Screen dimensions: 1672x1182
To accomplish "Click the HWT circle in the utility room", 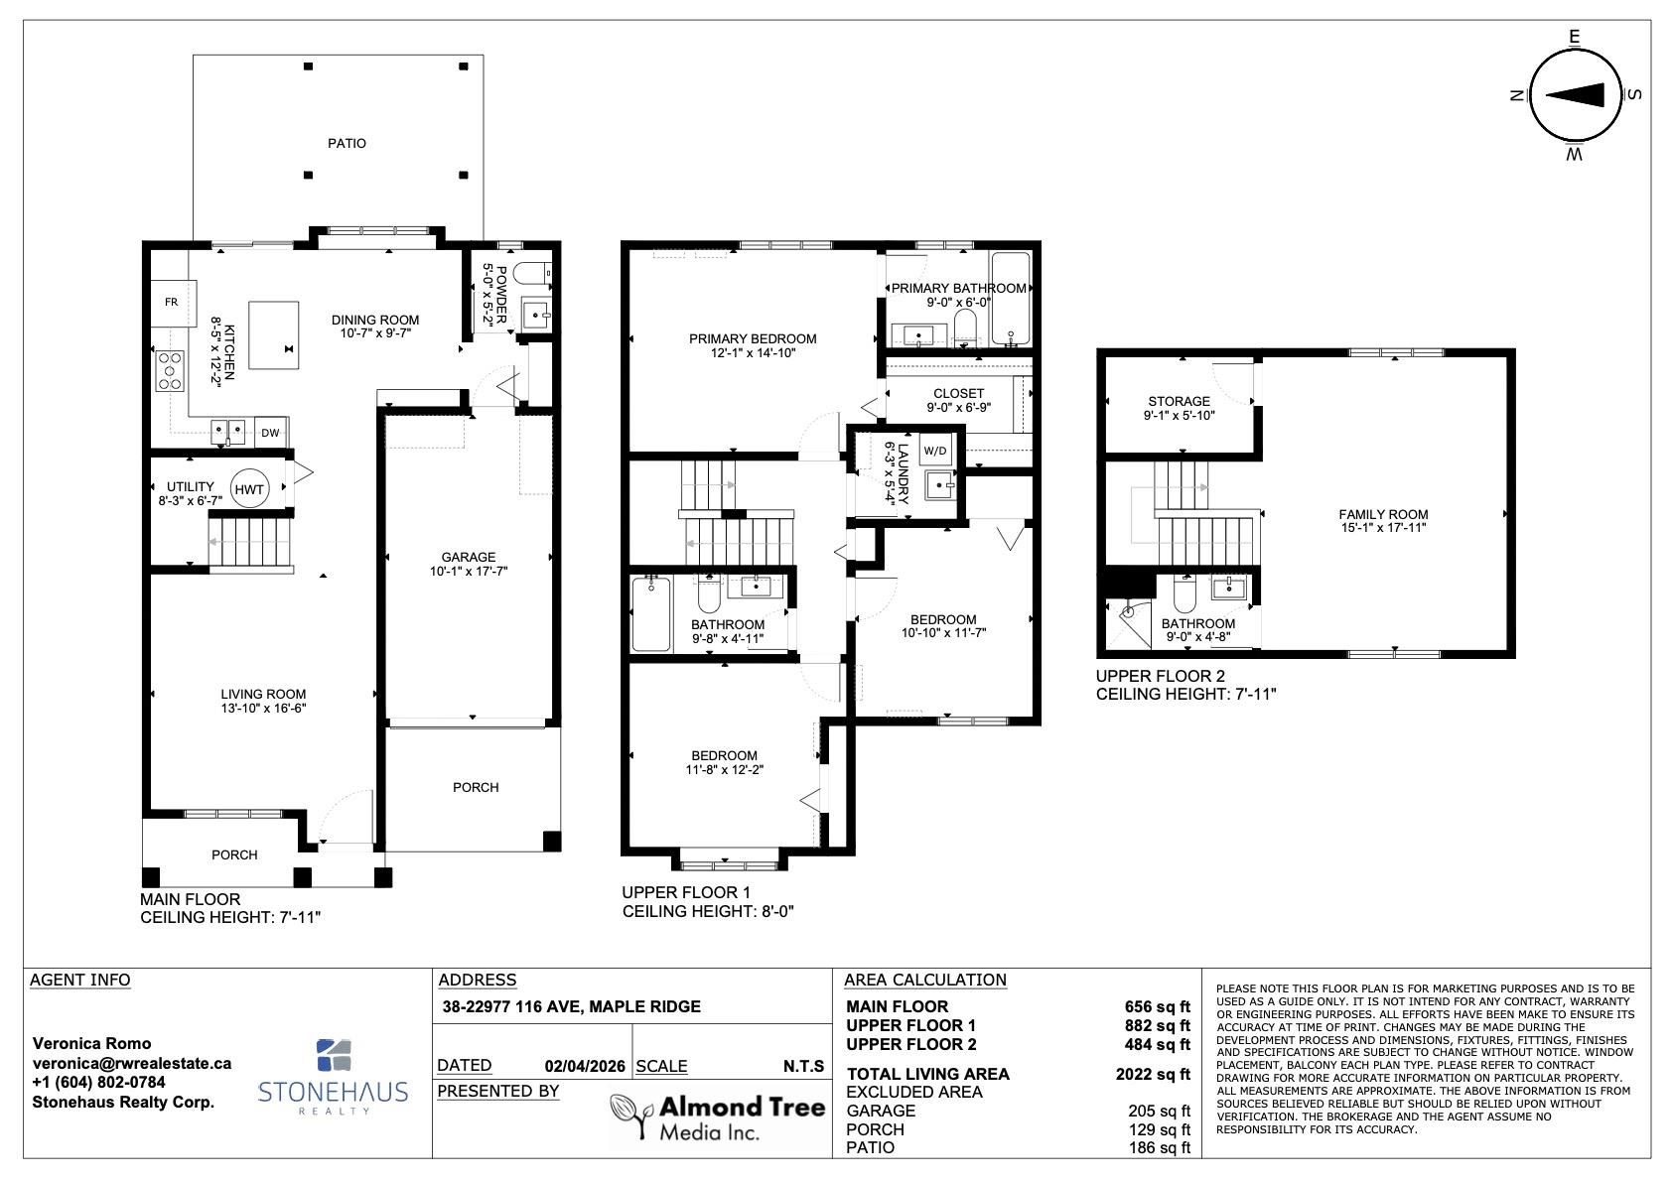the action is point(248,488).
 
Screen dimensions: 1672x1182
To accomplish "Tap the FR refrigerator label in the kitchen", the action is point(171,303).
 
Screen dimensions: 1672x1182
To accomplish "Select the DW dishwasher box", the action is point(270,433).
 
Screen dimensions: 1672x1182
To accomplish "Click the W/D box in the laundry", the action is point(935,451).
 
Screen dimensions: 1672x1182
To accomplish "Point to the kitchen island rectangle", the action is point(273,335).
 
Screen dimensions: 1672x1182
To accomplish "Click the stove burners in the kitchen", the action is point(170,371).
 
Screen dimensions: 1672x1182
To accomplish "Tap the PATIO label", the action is point(348,143).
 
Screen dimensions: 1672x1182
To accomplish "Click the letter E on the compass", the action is point(1575,37).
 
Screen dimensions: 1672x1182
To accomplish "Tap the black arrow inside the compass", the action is point(1575,94).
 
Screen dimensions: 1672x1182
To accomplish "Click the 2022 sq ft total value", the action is point(1153,1075).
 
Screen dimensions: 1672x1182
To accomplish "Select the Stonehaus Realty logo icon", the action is point(334,1055).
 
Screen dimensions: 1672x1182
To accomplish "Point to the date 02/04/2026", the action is point(585,1066).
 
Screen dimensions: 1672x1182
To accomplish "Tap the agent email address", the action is point(131,1063).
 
